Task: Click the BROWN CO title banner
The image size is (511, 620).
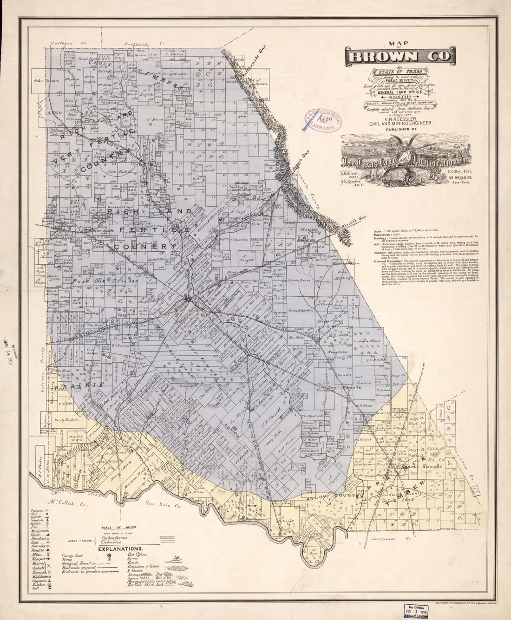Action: click(399, 56)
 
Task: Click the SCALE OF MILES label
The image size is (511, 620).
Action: click(120, 528)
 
